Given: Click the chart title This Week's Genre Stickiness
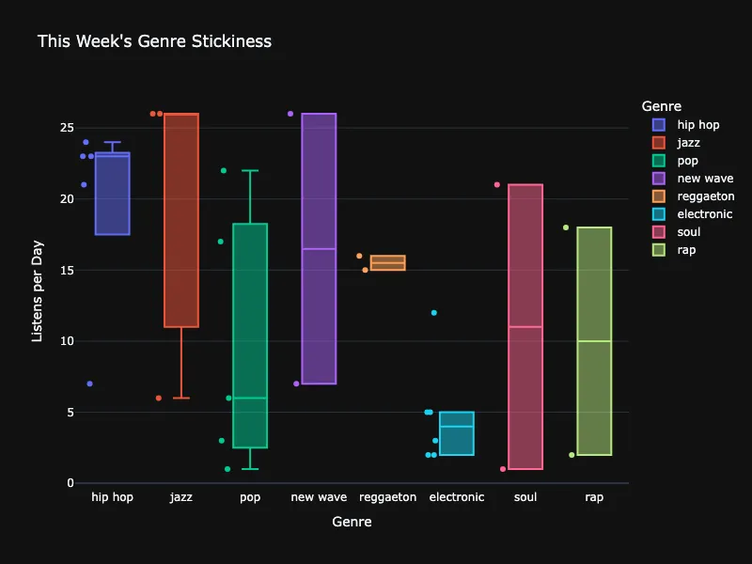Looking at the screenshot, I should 154,41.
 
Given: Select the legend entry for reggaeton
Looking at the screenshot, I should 705,196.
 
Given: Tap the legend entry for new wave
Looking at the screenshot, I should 705,179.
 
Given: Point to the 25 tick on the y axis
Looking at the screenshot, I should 68,128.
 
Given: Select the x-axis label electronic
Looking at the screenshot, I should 457,497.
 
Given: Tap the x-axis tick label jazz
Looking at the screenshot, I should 181,497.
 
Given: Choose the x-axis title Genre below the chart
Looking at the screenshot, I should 352,523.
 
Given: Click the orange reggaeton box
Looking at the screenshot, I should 387,263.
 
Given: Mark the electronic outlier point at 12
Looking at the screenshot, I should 433,313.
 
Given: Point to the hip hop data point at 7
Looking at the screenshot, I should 89,384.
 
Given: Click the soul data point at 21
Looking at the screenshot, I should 497,185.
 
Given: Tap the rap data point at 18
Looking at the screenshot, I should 566,227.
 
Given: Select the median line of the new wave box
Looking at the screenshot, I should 319,249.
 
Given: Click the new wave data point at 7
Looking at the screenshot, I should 296,384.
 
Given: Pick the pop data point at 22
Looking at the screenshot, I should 224,171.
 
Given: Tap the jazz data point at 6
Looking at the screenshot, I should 159,398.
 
